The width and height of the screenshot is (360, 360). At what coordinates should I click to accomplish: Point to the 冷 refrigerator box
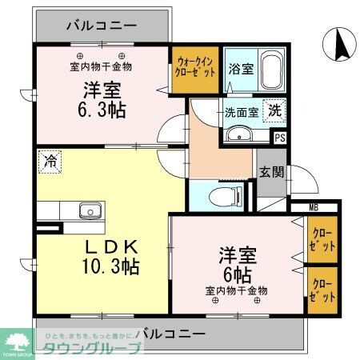click(x=50, y=161)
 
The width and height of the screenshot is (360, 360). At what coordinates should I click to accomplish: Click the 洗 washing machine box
click(x=274, y=112)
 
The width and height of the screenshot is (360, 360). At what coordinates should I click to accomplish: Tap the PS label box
click(x=279, y=137)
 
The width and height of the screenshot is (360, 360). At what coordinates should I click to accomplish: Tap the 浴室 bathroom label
click(x=241, y=69)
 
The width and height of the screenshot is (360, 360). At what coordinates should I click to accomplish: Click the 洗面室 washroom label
click(x=241, y=112)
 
